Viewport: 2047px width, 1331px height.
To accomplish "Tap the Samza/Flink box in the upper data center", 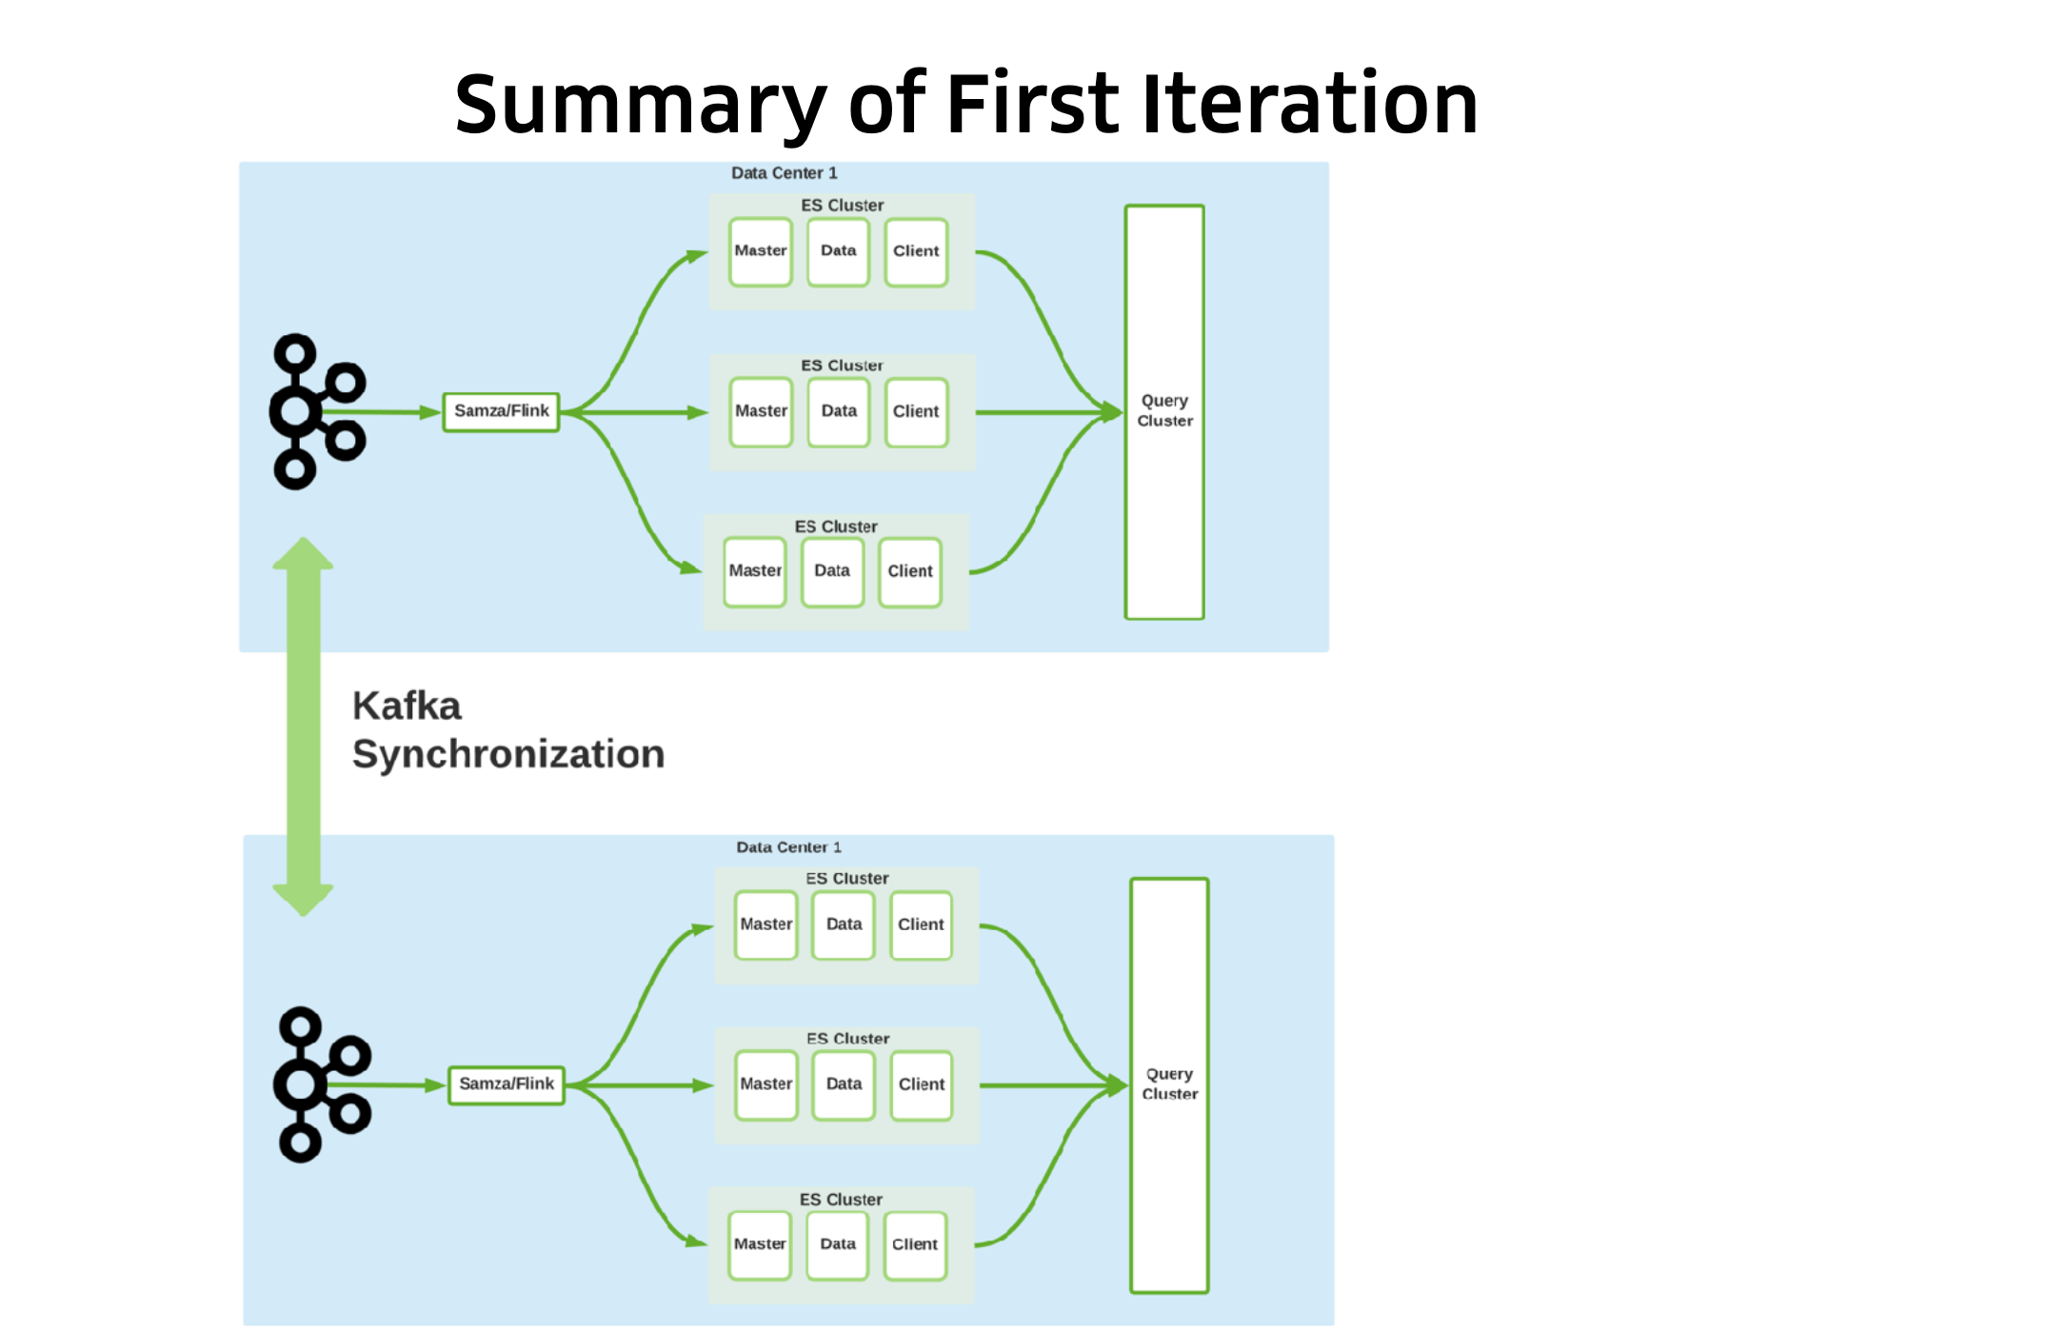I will click(501, 411).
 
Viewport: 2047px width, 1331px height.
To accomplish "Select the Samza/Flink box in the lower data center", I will click(507, 1084).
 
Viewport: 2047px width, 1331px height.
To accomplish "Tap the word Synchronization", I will click(508, 754).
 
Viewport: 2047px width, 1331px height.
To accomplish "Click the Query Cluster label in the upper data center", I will click(1164, 410).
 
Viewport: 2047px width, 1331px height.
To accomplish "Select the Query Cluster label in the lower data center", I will click(1169, 1083).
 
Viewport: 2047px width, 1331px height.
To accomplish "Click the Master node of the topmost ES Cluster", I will click(761, 251).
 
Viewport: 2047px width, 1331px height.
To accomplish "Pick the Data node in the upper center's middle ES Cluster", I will click(839, 411).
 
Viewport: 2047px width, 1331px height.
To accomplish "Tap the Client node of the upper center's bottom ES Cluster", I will click(910, 571).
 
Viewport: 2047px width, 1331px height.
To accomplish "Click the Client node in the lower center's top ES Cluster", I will click(921, 924).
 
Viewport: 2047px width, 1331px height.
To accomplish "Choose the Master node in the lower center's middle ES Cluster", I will click(765, 1084).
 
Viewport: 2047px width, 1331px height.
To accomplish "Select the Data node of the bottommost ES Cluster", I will click(838, 1244).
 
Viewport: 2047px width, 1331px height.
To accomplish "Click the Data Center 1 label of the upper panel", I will click(784, 173).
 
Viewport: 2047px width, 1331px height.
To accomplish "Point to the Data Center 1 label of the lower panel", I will click(788, 847).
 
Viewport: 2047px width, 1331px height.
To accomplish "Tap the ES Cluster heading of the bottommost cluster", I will click(841, 1200).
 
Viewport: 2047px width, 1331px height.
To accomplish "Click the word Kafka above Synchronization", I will click(407, 706).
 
